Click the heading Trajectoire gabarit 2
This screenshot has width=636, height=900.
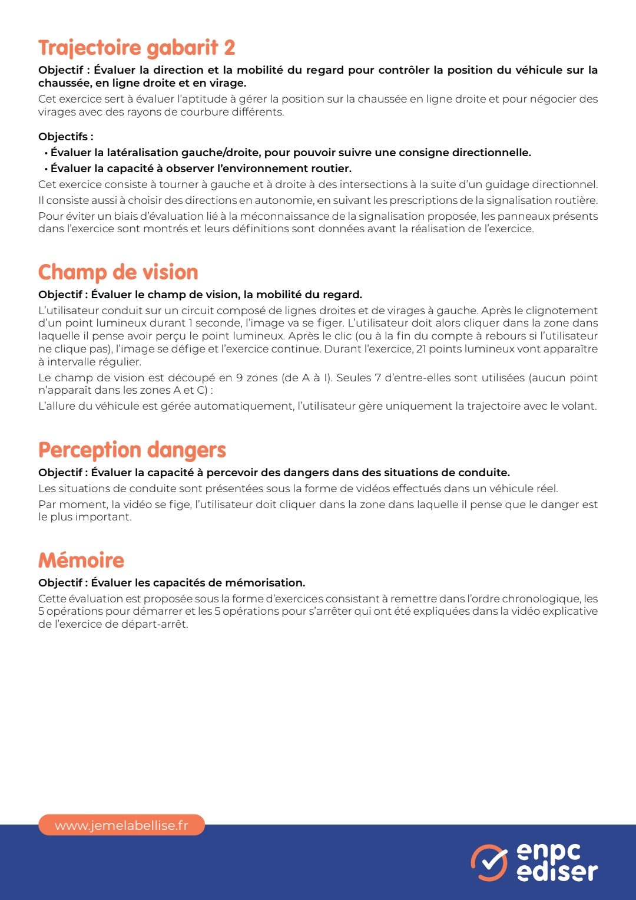coord(137,48)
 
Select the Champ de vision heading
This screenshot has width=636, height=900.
coord(118,272)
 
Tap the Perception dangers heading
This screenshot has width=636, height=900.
coord(132,450)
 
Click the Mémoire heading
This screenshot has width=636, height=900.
coord(81,560)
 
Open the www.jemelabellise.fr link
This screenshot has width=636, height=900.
coord(121,825)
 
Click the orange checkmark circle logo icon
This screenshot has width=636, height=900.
coord(489,863)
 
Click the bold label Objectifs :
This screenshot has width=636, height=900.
coord(66,137)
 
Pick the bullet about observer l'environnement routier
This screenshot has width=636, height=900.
coord(201,169)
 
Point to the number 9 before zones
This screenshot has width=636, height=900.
coord(240,378)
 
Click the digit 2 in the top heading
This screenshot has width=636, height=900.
coord(229,48)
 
